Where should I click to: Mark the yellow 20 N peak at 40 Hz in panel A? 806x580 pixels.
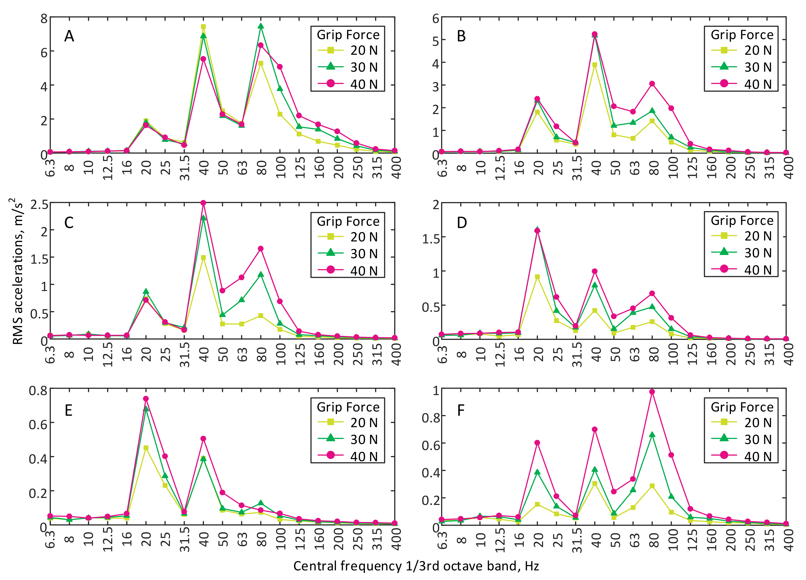203,27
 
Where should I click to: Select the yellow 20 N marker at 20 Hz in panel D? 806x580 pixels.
537,277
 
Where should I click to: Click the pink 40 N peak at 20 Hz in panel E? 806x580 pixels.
146,399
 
